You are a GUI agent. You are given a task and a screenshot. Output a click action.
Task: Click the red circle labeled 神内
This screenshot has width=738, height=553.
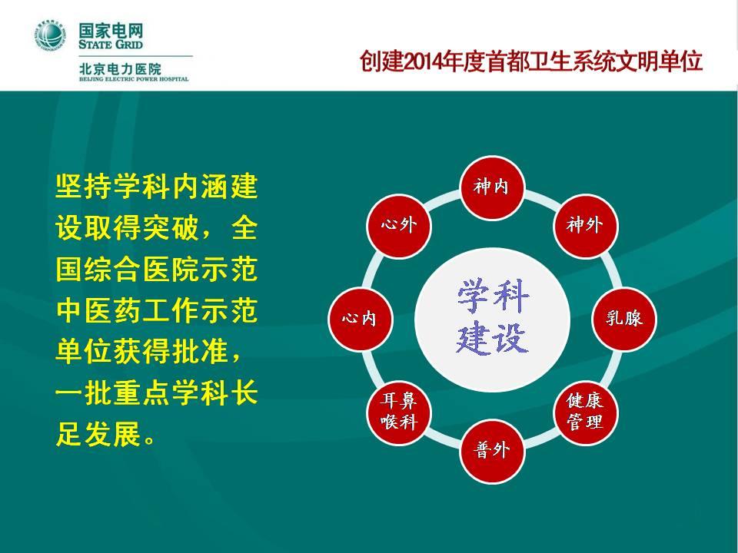tap(492, 187)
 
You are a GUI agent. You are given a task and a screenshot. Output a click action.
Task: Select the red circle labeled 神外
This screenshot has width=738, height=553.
tap(585, 226)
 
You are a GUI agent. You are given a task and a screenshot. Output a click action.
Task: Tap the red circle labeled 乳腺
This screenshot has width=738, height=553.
tap(623, 319)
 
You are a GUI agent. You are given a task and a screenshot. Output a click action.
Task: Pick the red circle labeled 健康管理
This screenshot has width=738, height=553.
tap(585, 412)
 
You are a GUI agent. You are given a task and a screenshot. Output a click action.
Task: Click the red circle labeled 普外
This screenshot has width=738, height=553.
tap(492, 451)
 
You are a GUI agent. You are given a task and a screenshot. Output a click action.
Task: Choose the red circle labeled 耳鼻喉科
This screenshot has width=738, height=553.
tap(399, 412)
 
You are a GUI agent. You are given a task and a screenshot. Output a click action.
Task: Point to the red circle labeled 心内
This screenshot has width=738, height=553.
tap(360, 319)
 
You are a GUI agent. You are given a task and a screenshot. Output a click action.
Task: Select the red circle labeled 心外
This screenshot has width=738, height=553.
tap(399, 226)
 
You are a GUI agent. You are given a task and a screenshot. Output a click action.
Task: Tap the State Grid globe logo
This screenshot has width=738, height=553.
tap(50, 35)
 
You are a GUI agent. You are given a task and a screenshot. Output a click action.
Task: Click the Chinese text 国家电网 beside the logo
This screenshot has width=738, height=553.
tap(111, 31)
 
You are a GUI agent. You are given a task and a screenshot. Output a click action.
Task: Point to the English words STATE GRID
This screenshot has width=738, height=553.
tap(111, 45)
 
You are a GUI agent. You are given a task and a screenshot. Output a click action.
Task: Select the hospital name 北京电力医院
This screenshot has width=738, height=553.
tap(120, 68)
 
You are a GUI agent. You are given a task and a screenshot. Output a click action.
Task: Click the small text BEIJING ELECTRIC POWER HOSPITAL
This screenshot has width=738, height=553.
tap(134, 79)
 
